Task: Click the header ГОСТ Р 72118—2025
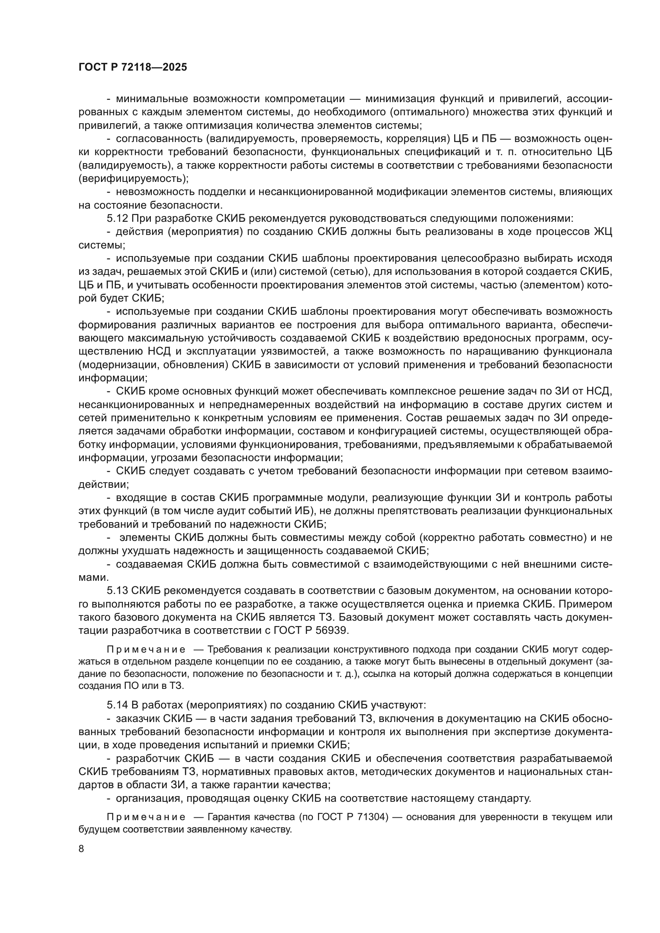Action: pos(133,67)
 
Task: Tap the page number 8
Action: pos(81,848)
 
